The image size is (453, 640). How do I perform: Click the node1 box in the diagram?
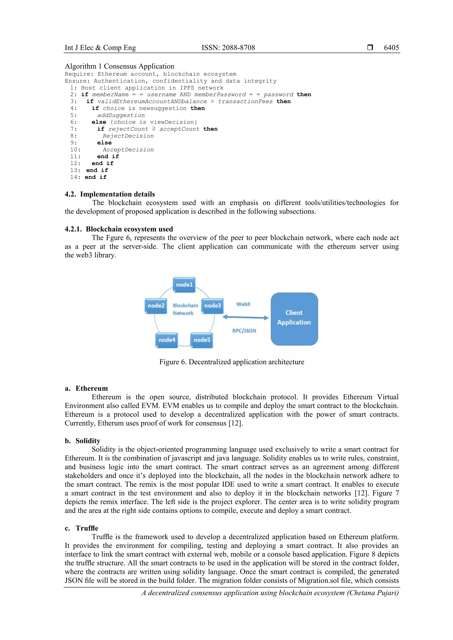pyautogui.click(x=184, y=285)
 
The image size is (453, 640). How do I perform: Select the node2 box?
pyautogui.click(x=156, y=306)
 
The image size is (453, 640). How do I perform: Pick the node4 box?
pyautogui.click(x=167, y=340)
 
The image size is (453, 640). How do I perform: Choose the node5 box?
pyautogui.click(x=202, y=340)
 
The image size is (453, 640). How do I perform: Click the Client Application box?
pyautogui.click(x=294, y=319)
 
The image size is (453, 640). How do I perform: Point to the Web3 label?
pyautogui.click(x=243, y=304)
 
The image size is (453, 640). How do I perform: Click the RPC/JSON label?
pyautogui.click(x=244, y=330)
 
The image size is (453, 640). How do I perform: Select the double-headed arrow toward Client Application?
pyautogui.click(x=245, y=317)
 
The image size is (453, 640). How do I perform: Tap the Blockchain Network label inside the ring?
pyautogui.click(x=185, y=309)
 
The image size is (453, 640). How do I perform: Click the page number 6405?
pyautogui.click(x=391, y=48)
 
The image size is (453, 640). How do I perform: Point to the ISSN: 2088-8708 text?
pyautogui.click(x=228, y=48)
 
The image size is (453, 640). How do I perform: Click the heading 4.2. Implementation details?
pyautogui.click(x=109, y=194)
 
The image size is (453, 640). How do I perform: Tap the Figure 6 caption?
pyautogui.click(x=232, y=362)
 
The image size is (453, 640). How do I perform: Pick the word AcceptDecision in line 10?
pyautogui.click(x=128, y=150)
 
